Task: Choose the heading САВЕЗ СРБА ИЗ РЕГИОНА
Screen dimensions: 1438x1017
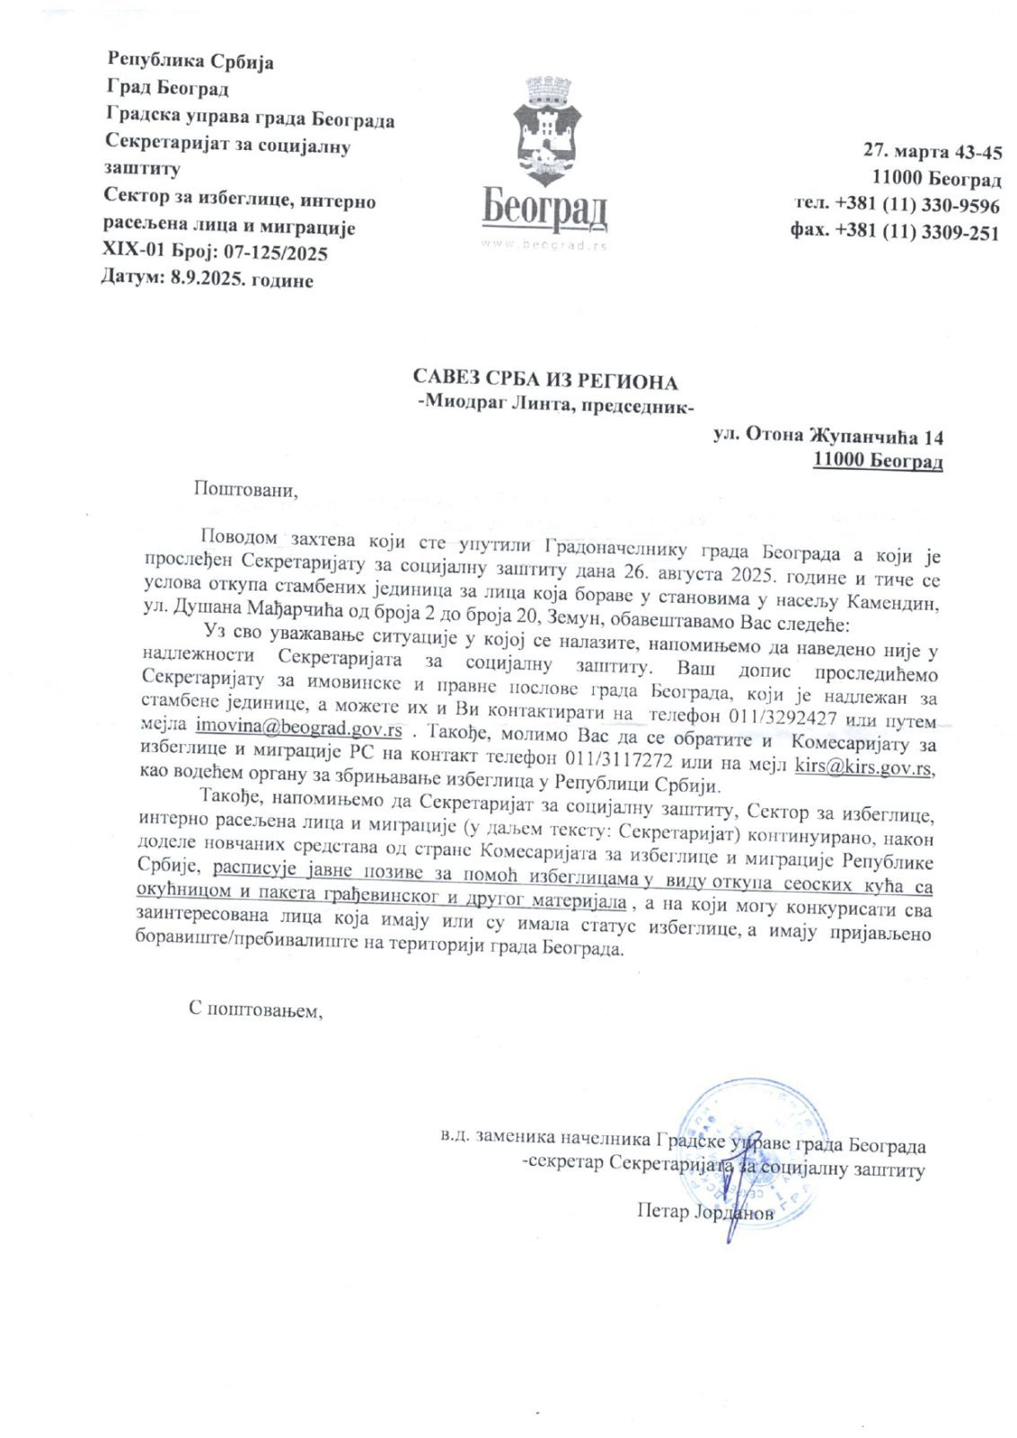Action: (x=544, y=381)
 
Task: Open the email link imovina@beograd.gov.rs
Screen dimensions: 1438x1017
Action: (x=298, y=724)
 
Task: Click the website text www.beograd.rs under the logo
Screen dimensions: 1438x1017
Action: (x=544, y=244)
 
